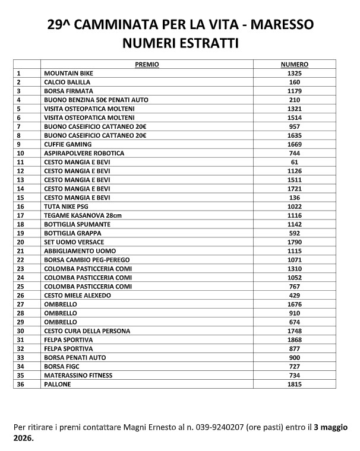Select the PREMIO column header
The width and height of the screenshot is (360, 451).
147,63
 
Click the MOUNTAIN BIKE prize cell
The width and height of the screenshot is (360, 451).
68,72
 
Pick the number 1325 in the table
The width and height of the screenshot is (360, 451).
295,72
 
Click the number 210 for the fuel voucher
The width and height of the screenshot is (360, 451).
295,100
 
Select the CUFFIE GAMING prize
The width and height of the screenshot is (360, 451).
68,144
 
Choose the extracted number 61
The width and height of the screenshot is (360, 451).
295,162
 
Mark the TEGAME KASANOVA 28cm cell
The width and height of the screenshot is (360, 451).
77,215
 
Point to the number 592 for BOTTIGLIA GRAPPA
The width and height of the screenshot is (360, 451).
295,233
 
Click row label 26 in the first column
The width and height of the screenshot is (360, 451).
20,295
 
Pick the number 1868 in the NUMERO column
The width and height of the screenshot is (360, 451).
295,339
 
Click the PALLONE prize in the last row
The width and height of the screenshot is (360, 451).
58,384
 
